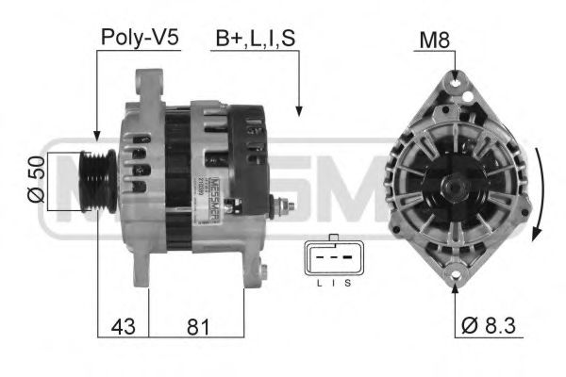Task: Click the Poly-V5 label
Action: click(139, 38)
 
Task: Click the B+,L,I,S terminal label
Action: click(256, 38)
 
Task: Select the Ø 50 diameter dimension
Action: click(35, 180)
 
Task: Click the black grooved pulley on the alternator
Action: click(98, 180)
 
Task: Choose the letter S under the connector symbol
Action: click(346, 283)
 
